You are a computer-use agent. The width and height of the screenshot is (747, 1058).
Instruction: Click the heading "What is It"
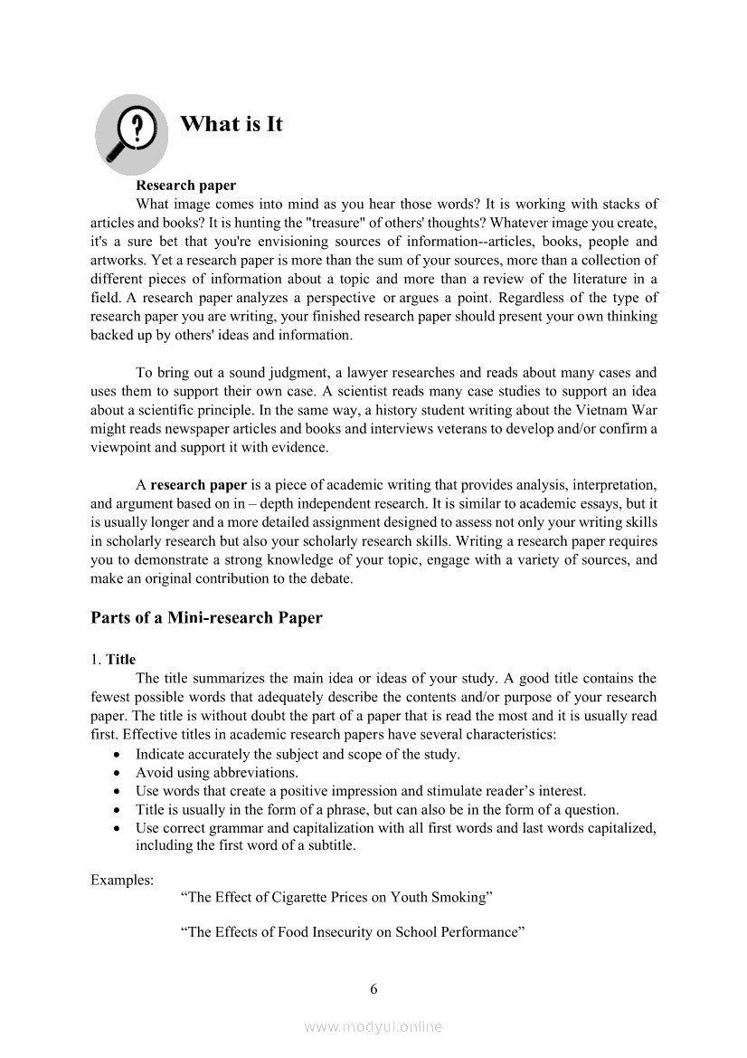232,124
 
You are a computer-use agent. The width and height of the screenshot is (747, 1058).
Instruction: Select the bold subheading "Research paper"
185,186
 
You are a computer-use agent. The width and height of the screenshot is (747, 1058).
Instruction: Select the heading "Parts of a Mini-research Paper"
206,618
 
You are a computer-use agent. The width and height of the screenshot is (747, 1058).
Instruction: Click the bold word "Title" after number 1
120,659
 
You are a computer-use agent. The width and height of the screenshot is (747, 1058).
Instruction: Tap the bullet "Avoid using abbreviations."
217,773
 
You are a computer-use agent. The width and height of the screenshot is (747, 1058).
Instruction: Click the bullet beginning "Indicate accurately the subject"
298,754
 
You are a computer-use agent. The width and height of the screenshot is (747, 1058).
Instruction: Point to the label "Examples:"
122,879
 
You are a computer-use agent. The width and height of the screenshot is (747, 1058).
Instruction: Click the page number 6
373,988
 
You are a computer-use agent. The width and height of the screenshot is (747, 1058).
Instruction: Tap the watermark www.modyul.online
373,1027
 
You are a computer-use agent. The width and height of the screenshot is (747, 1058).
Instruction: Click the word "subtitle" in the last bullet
331,846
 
